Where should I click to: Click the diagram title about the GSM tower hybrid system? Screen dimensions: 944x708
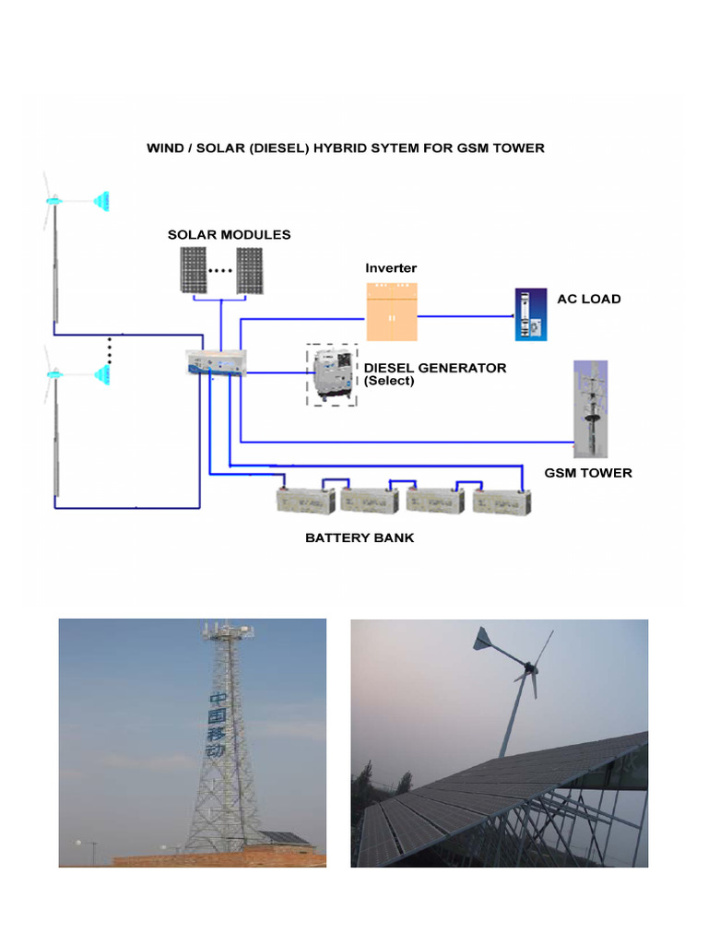[x=346, y=147]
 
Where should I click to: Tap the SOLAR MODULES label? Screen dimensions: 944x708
[x=229, y=234]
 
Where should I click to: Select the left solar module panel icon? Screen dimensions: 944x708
[x=193, y=269]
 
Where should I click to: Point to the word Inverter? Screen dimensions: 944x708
[x=391, y=268]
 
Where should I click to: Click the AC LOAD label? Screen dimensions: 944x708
[x=589, y=299]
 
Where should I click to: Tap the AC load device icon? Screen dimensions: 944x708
[x=530, y=314]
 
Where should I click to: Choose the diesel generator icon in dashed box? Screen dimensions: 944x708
[x=332, y=375]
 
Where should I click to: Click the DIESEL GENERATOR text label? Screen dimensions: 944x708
[x=435, y=368]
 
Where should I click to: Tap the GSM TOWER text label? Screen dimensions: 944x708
[x=588, y=473]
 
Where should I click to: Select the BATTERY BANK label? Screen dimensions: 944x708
[x=360, y=537]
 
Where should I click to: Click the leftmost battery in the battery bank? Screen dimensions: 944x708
[x=307, y=500]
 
